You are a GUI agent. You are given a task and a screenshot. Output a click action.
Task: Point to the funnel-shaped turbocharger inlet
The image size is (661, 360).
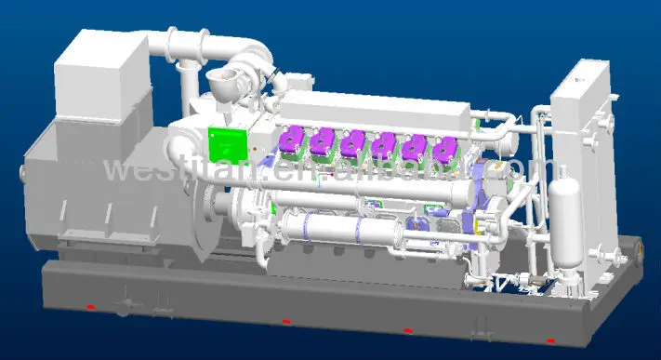tap(223, 81)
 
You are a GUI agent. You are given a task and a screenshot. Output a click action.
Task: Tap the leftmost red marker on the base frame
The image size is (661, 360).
tap(90, 307)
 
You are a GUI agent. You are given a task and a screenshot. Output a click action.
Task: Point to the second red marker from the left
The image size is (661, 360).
tap(285, 323)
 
